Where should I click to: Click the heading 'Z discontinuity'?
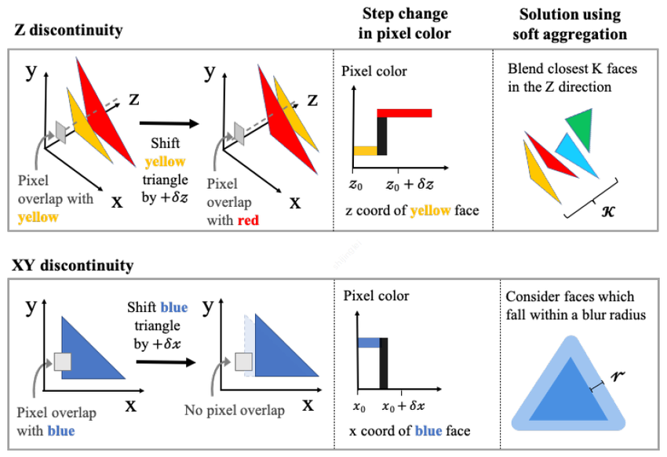click(68, 31)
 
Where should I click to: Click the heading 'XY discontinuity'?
click(73, 265)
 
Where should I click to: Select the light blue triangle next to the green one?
click(572, 154)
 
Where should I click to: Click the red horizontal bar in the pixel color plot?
click(405, 113)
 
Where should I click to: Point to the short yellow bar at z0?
click(365, 150)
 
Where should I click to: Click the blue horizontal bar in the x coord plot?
click(369, 343)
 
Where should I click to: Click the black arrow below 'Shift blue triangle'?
click(165, 361)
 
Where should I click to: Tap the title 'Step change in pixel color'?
click(406, 24)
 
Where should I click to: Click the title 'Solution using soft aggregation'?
click(570, 24)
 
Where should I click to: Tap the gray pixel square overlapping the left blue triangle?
click(63, 361)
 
